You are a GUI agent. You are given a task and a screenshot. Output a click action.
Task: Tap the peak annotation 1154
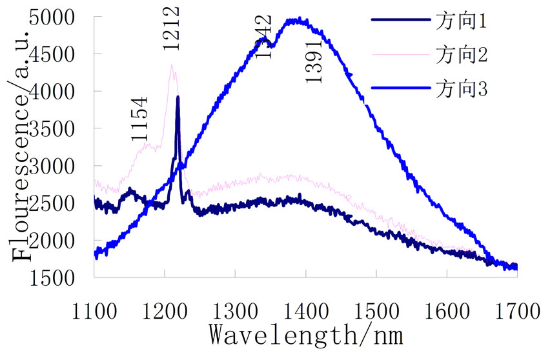click(x=138, y=119)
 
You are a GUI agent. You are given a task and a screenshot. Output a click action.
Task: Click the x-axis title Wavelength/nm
click(x=305, y=334)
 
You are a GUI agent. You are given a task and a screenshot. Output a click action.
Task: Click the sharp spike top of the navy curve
click(x=178, y=97)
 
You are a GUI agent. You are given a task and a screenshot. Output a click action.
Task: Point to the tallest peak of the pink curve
click(x=171, y=65)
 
